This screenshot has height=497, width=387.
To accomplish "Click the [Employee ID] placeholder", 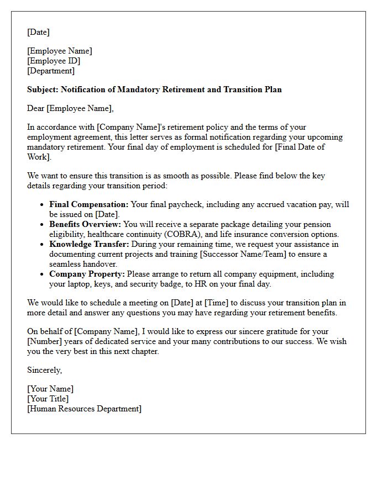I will [x=54, y=61].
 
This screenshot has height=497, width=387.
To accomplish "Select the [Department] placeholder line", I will [x=51, y=71].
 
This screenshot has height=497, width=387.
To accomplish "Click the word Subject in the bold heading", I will [x=42, y=89].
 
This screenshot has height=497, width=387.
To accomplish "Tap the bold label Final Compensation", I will [x=88, y=204].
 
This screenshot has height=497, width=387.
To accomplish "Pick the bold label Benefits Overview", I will [x=85, y=224].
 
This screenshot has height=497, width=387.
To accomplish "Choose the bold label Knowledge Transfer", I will [x=87, y=244].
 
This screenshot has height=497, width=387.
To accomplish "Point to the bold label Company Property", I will [x=87, y=274].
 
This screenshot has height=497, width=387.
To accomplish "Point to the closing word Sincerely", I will [x=44, y=370].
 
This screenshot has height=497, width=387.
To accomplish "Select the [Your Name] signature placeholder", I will [x=50, y=389].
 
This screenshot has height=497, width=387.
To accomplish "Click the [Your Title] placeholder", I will [x=48, y=399].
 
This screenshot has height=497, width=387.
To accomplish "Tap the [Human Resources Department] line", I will [x=84, y=409].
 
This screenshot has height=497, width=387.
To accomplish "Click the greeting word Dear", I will [x=36, y=108].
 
